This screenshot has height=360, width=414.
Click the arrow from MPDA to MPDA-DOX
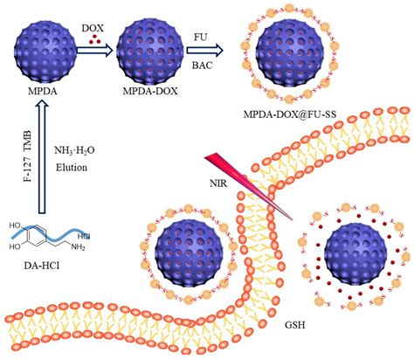pyautogui.click(x=92, y=51)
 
